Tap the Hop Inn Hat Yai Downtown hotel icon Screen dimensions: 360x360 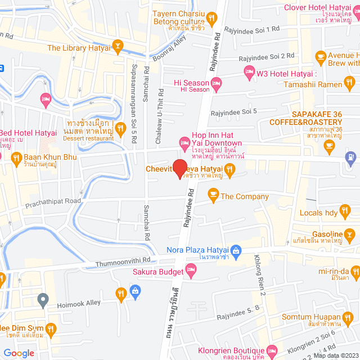[183, 143]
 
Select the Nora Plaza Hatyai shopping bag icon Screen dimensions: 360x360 [236, 250]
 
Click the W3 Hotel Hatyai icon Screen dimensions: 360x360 [249, 71]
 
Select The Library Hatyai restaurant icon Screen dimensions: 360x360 [118, 44]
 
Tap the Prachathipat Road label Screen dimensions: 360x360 [53, 202]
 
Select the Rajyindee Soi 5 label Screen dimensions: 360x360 [233, 112]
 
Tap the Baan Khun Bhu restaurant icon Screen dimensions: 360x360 [16, 158]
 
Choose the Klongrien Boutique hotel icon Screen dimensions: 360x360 [272, 349]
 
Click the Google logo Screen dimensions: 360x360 [19, 353]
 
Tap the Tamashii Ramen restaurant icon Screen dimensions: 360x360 [350, 84]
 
